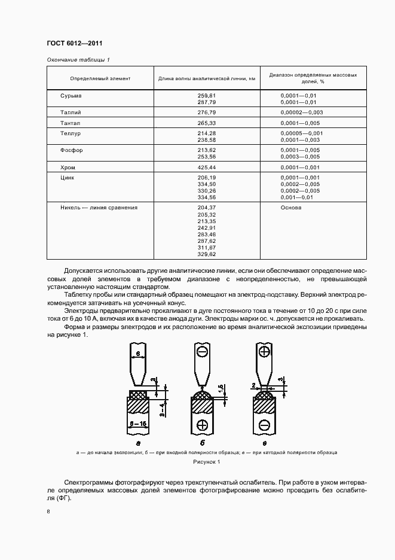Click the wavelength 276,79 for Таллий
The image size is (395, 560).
(206, 112)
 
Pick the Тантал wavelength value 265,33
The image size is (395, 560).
(206, 123)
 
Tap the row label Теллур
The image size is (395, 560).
(71, 133)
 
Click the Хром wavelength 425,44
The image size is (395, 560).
(206, 167)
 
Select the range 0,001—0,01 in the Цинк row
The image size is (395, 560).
(296, 197)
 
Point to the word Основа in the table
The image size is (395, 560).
(291, 208)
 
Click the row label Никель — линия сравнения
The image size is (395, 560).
(99, 208)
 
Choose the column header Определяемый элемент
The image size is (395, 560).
(100, 79)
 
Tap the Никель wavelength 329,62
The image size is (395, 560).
(206, 254)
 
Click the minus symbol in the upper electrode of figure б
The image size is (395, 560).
(203, 351)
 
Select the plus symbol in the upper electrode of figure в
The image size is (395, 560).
(264, 351)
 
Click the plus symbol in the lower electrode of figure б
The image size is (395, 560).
(202, 425)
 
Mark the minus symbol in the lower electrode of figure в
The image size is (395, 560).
(264, 425)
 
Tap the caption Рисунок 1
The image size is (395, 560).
(207, 462)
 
